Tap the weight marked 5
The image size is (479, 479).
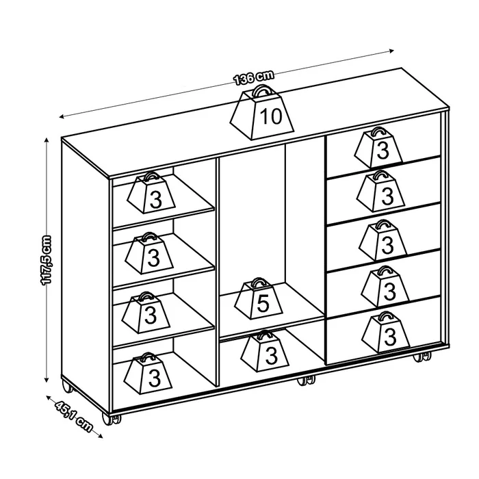(x=259, y=299)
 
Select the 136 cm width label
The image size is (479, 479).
(x=254, y=77)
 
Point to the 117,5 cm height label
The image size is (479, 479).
(x=46, y=260)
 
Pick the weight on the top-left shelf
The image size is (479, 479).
(x=151, y=193)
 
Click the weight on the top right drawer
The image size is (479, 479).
(x=379, y=147)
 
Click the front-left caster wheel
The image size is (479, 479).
(x=110, y=419)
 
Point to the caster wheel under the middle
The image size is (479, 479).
(x=306, y=380)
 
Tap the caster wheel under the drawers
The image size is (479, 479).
(x=422, y=357)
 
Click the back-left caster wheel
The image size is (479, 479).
(x=67, y=387)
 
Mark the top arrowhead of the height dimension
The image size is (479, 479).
(x=47, y=140)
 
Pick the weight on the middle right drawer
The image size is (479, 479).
(x=383, y=239)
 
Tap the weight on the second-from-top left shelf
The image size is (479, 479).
(x=149, y=253)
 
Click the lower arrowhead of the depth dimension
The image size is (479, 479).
(x=100, y=436)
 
